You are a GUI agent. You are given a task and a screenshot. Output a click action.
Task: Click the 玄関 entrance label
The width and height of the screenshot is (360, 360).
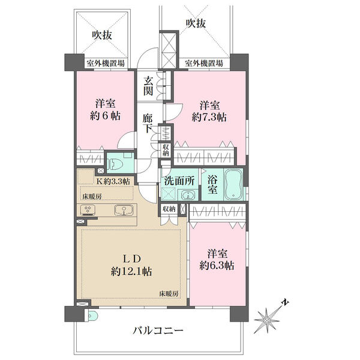[148, 86]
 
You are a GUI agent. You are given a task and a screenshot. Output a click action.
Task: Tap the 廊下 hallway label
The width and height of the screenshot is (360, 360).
[148, 123]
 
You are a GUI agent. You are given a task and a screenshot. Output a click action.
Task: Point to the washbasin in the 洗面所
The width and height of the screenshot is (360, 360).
[189, 196]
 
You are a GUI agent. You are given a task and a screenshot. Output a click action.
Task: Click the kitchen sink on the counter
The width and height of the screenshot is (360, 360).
[124, 211]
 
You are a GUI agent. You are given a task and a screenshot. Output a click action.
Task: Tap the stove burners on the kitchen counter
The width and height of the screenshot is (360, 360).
[88, 210]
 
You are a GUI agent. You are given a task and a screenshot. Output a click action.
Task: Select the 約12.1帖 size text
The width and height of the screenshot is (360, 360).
[131, 272]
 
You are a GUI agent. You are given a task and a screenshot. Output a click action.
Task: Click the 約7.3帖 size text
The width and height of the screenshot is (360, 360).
[209, 118]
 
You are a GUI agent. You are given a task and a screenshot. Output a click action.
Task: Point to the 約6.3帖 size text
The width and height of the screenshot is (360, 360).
[217, 266]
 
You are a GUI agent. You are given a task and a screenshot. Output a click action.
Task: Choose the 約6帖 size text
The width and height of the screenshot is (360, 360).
[106, 116]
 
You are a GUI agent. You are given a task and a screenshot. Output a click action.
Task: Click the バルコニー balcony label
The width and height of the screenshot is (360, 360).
[158, 331]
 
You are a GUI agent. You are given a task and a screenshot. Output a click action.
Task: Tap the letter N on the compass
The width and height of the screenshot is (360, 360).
[286, 302]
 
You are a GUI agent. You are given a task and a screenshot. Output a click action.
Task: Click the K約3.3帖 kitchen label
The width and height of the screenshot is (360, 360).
[113, 181]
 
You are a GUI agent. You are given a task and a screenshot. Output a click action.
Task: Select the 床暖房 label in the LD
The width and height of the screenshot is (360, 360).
[169, 293]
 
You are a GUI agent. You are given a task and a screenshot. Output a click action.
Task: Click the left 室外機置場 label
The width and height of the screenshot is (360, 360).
[106, 64]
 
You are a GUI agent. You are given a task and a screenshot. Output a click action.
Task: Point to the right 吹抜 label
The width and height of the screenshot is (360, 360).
[196, 23]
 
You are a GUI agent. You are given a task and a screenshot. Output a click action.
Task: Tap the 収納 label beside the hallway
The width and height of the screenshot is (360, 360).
[166, 150]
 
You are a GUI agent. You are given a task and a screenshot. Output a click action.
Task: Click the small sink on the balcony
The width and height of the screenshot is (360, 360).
[91, 316]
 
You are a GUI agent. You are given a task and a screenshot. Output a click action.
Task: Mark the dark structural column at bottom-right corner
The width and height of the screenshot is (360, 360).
[239, 314]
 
